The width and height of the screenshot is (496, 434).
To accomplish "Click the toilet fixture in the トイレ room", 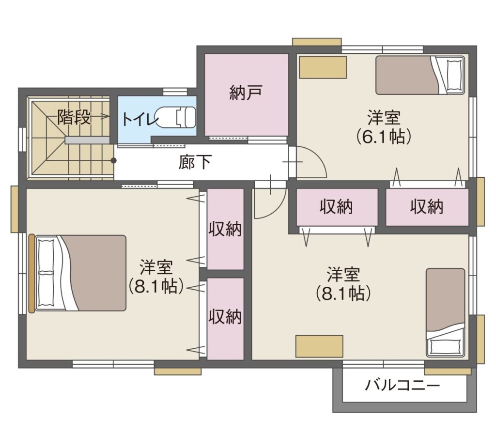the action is [x=175, y=117].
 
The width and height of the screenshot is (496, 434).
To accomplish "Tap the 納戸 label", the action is [x=246, y=93].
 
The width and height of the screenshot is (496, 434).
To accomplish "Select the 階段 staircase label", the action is [x=74, y=117].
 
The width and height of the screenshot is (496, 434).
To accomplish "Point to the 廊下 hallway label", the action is [x=195, y=162].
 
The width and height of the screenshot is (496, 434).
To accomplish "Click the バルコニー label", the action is [x=403, y=386].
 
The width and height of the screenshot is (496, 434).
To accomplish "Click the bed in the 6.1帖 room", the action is [x=420, y=75].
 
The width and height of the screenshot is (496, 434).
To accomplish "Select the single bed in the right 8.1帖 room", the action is [x=446, y=312].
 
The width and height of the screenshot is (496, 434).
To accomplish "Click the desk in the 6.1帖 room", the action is [x=323, y=67].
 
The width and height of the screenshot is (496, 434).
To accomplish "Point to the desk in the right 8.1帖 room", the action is [x=320, y=346].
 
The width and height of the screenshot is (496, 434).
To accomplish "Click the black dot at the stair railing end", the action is [x=113, y=161].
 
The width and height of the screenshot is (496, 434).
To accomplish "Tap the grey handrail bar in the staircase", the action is [x=87, y=140].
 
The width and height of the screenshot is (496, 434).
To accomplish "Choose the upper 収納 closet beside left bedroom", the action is [x=225, y=229].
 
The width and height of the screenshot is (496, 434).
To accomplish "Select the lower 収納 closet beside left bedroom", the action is [x=225, y=319].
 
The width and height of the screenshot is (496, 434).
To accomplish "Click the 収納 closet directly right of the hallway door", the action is [x=337, y=207].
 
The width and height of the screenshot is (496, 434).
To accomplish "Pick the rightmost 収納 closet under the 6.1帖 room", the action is [x=427, y=207].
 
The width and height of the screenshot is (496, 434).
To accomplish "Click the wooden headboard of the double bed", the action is [x=31, y=273].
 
